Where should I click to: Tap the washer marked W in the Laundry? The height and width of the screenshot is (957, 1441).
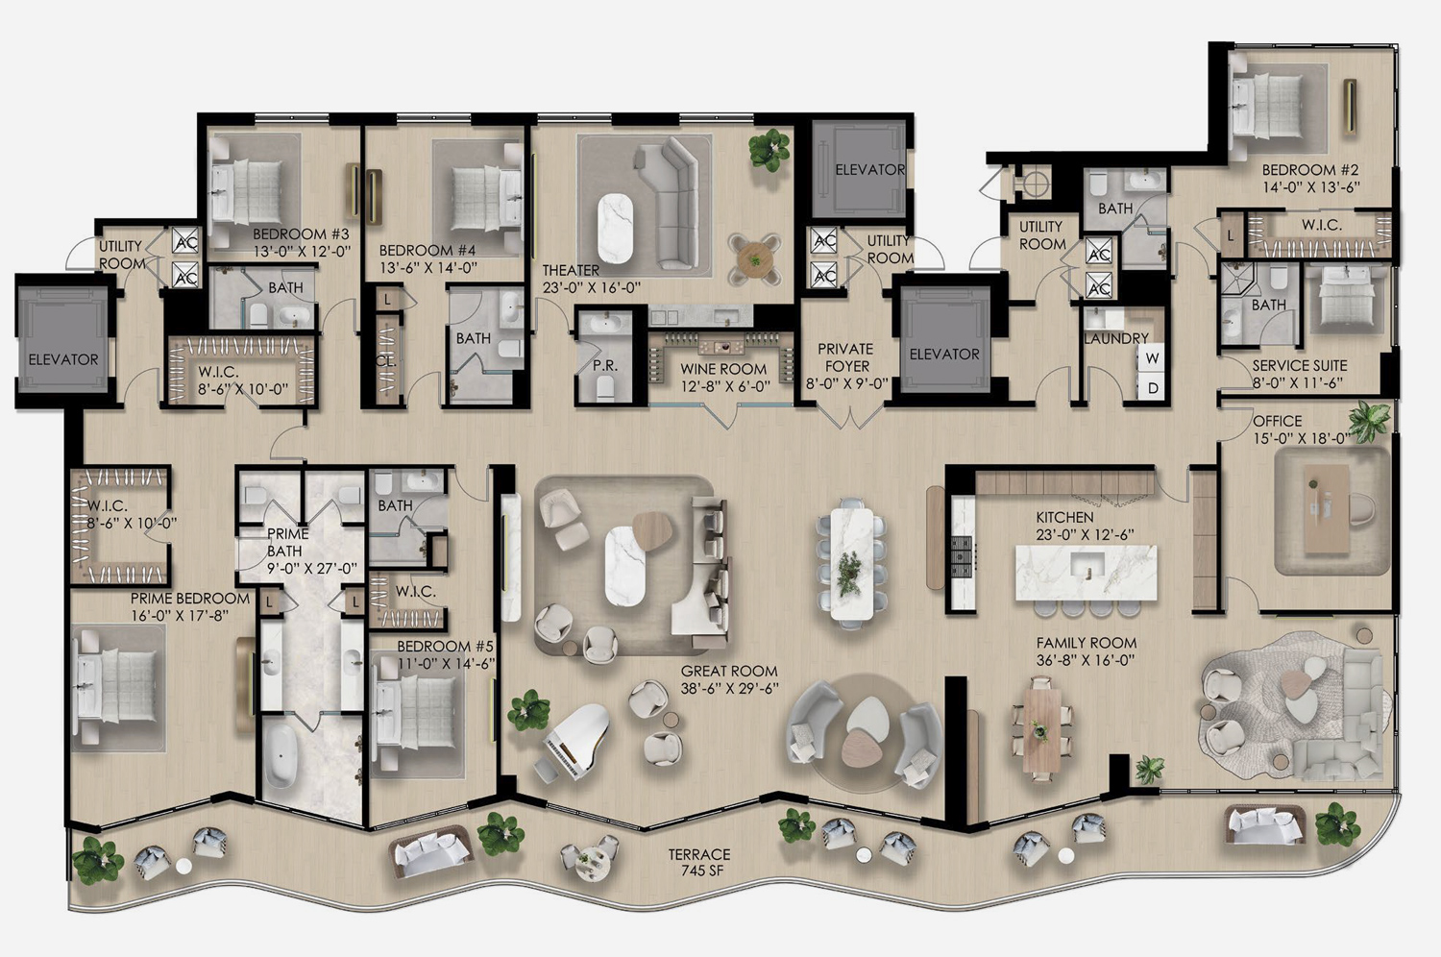[x=1152, y=358]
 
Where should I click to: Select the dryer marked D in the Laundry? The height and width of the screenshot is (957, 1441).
[x=1152, y=388]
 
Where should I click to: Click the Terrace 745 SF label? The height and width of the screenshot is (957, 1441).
[x=699, y=863]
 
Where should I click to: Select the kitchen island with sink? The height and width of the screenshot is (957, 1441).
[x=1086, y=573]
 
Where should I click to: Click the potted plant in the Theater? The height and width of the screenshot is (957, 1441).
[x=769, y=150]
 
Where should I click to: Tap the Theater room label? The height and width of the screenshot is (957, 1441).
[x=591, y=279]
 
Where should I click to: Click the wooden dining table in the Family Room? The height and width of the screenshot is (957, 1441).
[x=1041, y=729]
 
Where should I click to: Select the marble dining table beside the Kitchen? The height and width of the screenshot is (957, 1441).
[x=852, y=564]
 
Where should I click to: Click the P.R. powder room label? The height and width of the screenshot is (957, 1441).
[x=605, y=365]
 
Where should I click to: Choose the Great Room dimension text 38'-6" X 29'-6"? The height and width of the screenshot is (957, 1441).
[x=729, y=688]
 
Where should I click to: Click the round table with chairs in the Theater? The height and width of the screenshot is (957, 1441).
[x=755, y=259]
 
